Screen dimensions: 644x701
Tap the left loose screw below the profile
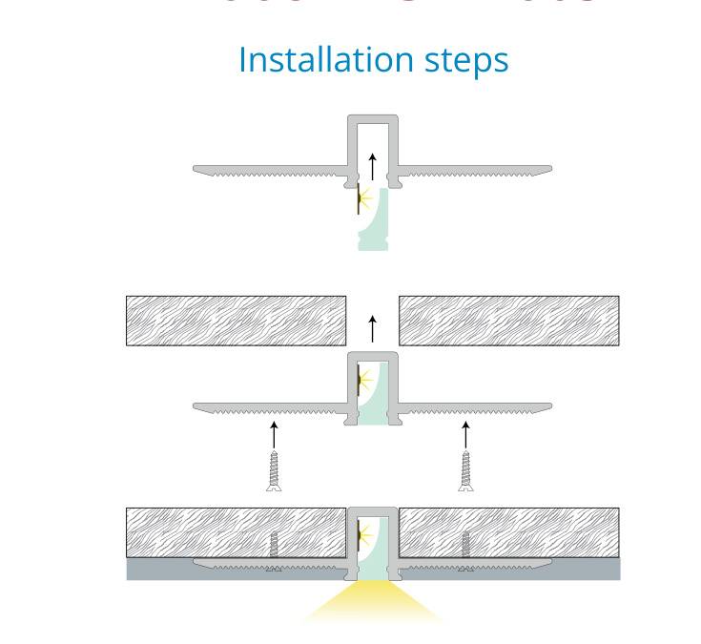tap(274, 471)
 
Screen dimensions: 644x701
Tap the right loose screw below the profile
tap(465, 471)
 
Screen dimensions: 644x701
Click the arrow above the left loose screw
tap(274, 434)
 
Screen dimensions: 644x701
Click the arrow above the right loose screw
tap(465, 434)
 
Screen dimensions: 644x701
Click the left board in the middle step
tap(236, 321)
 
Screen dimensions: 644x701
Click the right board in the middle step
tap(509, 321)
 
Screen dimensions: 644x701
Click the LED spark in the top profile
tap(363, 199)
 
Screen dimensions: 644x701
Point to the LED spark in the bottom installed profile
tap(362, 535)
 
